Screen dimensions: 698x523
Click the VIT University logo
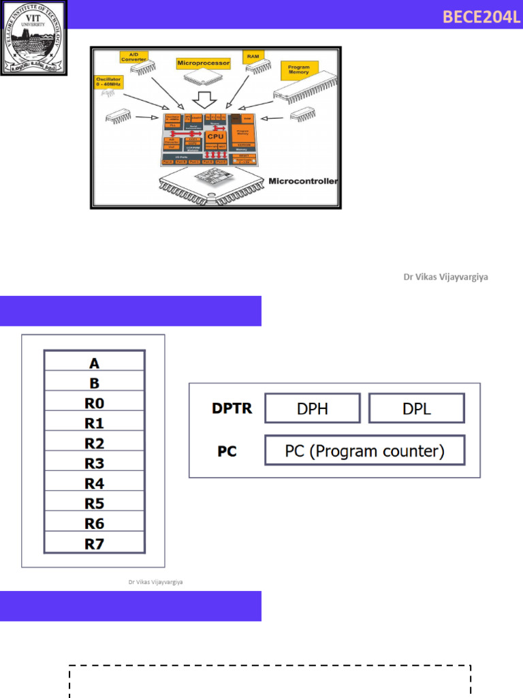[33, 37]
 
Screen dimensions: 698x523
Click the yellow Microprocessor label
[203, 63]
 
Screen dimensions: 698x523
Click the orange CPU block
[215, 136]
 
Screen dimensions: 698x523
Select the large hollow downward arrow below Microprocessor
[204, 100]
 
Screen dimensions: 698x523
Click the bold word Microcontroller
[303, 181]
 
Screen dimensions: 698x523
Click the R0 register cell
[94, 402]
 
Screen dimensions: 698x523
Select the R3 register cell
[94, 464]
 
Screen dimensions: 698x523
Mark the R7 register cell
[94, 543]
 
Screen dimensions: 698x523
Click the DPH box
[312, 408]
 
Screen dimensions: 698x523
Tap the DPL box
[417, 408]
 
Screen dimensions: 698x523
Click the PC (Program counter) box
[364, 451]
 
